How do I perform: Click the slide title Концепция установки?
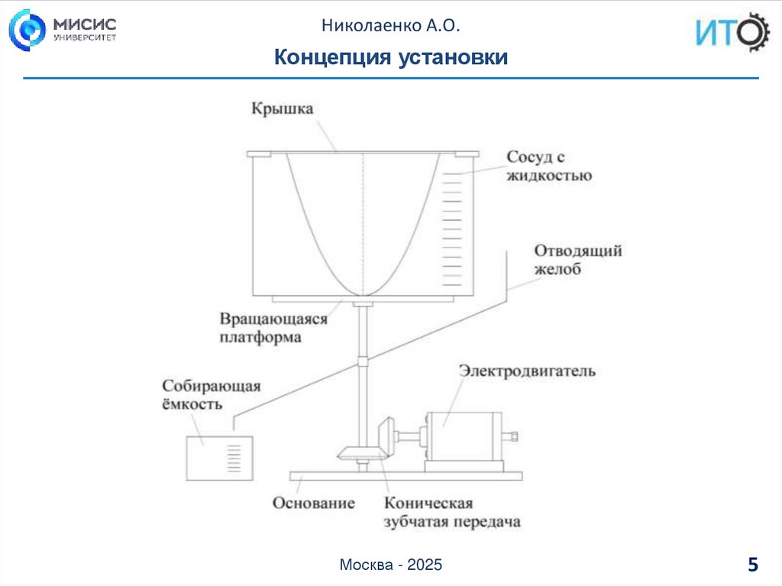(x=390, y=57)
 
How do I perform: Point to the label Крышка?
(x=283, y=109)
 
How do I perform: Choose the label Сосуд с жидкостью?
(x=548, y=167)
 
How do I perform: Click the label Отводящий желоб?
(x=577, y=260)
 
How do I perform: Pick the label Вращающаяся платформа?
(x=273, y=327)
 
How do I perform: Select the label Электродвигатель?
(x=527, y=371)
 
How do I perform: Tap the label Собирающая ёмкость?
(x=211, y=395)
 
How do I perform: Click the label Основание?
(x=314, y=503)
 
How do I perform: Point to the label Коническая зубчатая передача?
(x=451, y=513)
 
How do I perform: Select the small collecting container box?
(x=218, y=457)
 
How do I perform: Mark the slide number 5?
(x=753, y=565)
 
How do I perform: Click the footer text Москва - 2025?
(x=391, y=565)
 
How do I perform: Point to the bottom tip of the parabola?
(x=364, y=295)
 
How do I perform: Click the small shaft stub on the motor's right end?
(x=511, y=436)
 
